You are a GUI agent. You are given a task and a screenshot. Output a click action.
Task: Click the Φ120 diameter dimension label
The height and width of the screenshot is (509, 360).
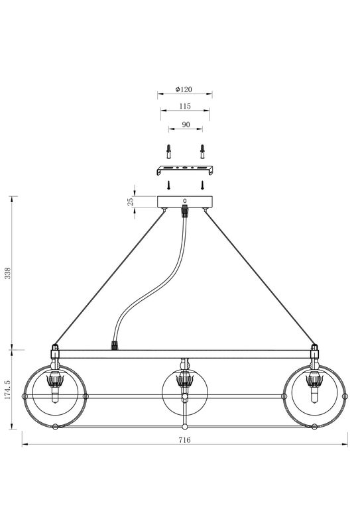tap(184, 89)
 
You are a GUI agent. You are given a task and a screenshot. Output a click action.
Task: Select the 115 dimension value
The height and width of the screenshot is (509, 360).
tap(185, 106)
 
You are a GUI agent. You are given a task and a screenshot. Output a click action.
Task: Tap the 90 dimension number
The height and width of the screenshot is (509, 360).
tap(186, 125)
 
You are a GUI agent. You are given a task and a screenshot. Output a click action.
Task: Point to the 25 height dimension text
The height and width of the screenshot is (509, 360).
tap(131, 201)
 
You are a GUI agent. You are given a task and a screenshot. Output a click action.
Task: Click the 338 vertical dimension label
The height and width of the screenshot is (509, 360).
tap(7, 273)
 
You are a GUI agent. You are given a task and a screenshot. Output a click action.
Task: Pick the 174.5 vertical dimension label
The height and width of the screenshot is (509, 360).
tap(7, 390)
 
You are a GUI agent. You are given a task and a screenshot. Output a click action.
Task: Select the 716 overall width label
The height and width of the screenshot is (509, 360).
tap(184, 440)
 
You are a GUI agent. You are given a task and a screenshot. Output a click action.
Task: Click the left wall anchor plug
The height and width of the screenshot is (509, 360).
tap(168, 151)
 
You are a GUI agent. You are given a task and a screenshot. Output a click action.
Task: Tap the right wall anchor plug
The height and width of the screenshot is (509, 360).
tap(202, 151)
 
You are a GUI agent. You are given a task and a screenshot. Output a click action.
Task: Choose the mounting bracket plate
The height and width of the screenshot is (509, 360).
tap(185, 170)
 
